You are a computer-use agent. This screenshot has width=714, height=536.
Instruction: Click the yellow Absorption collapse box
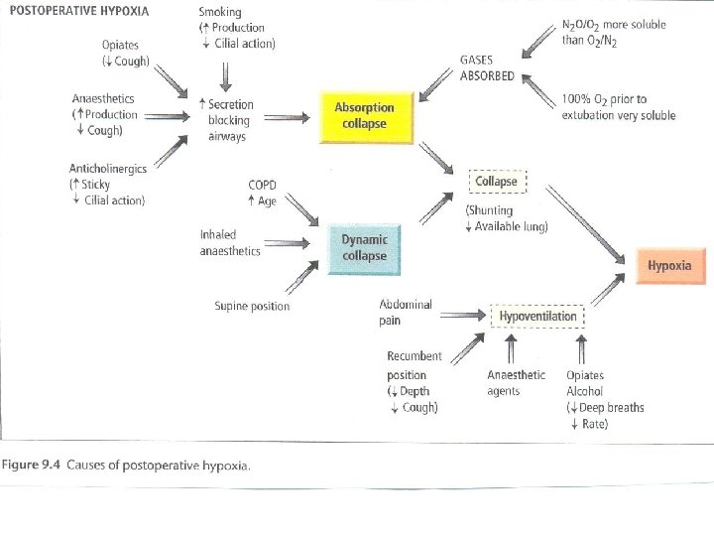point(364,116)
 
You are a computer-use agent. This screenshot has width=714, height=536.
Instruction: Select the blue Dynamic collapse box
point(364,247)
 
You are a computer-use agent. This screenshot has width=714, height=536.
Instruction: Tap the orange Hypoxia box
point(669,265)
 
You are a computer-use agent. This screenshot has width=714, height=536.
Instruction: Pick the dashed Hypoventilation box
point(536,316)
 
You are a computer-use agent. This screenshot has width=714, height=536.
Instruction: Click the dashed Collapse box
point(498,183)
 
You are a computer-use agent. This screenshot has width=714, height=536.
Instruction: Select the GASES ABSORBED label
point(488,68)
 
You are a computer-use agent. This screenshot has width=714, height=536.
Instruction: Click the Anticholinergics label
point(108,169)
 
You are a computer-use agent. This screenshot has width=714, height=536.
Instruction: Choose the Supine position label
point(252,306)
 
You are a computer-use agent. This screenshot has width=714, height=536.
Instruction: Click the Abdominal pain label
point(405,313)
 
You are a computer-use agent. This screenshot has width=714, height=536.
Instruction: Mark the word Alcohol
point(584,391)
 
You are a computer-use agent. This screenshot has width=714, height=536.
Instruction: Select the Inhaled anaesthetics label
point(230,243)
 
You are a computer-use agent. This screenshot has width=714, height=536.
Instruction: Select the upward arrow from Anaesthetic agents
point(512,349)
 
